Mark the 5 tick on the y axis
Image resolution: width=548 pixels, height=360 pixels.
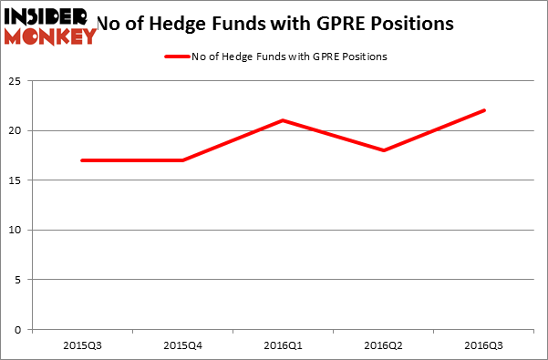(19, 280)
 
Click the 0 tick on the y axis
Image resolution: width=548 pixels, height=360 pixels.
(19, 329)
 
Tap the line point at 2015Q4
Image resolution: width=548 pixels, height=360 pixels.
(182, 160)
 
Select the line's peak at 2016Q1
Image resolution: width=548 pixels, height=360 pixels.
(283, 120)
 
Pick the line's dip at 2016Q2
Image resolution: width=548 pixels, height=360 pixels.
(384, 150)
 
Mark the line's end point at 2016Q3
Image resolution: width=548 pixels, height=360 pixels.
(484, 110)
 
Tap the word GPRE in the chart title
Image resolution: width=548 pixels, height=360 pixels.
(348, 22)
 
